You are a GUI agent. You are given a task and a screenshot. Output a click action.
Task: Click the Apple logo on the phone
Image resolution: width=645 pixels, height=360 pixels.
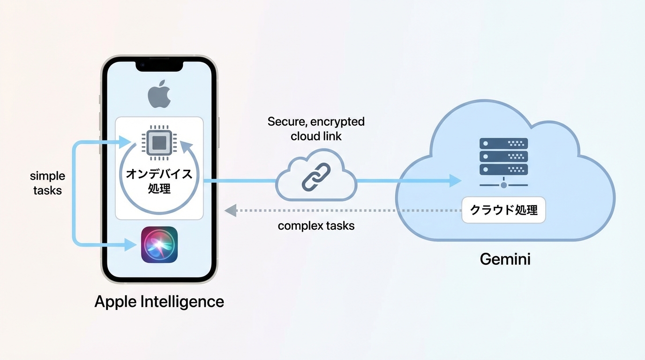click(x=159, y=95)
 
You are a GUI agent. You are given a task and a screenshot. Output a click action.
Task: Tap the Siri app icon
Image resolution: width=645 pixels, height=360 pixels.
click(x=159, y=245)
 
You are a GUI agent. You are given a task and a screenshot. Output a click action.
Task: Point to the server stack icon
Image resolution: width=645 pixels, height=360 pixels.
click(x=504, y=157)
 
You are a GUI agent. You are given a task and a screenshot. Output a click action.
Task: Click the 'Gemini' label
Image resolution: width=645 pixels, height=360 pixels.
click(x=505, y=259)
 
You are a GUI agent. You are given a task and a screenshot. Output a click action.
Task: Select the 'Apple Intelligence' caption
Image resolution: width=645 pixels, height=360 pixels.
click(x=159, y=301)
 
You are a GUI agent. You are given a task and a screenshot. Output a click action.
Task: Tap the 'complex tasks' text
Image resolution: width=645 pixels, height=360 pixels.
click(x=316, y=226)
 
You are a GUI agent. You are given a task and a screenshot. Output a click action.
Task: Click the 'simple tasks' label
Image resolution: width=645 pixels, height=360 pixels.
click(x=47, y=183)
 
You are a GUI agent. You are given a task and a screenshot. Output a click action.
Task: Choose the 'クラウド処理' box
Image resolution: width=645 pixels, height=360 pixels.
click(x=504, y=210)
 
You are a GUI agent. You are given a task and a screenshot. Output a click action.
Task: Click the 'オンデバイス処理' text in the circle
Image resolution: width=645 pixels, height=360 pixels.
click(x=159, y=181)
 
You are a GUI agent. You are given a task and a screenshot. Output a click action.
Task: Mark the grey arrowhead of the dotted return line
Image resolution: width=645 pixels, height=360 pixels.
click(x=230, y=210)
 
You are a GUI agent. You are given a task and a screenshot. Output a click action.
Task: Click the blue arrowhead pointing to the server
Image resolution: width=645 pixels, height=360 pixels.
click(x=455, y=180)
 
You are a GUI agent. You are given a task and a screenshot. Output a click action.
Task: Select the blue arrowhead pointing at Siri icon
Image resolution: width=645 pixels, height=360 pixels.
click(x=131, y=244)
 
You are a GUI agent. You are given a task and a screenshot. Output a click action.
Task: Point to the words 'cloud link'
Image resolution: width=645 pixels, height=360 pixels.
click(x=316, y=136)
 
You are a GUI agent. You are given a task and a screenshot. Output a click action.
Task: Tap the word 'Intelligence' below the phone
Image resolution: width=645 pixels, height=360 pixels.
click(x=183, y=301)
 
